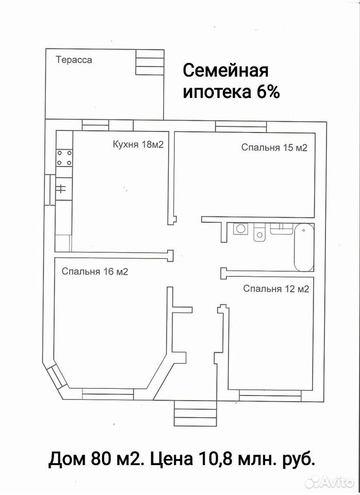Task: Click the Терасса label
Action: (x=74, y=60)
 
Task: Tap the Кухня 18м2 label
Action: (x=138, y=144)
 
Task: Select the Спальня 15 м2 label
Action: (x=274, y=147)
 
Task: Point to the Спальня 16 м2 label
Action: (x=95, y=272)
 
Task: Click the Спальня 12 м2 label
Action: (x=276, y=289)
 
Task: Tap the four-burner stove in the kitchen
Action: (x=64, y=158)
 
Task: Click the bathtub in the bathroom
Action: (x=304, y=247)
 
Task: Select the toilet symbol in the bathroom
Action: (x=259, y=232)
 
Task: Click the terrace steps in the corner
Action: (x=150, y=62)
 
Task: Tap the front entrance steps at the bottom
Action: (x=195, y=413)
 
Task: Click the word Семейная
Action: (x=225, y=71)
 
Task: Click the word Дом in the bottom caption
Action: (x=67, y=459)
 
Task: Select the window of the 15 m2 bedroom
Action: (x=241, y=127)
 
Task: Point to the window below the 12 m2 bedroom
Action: (x=270, y=395)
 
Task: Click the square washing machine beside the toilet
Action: (x=241, y=228)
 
